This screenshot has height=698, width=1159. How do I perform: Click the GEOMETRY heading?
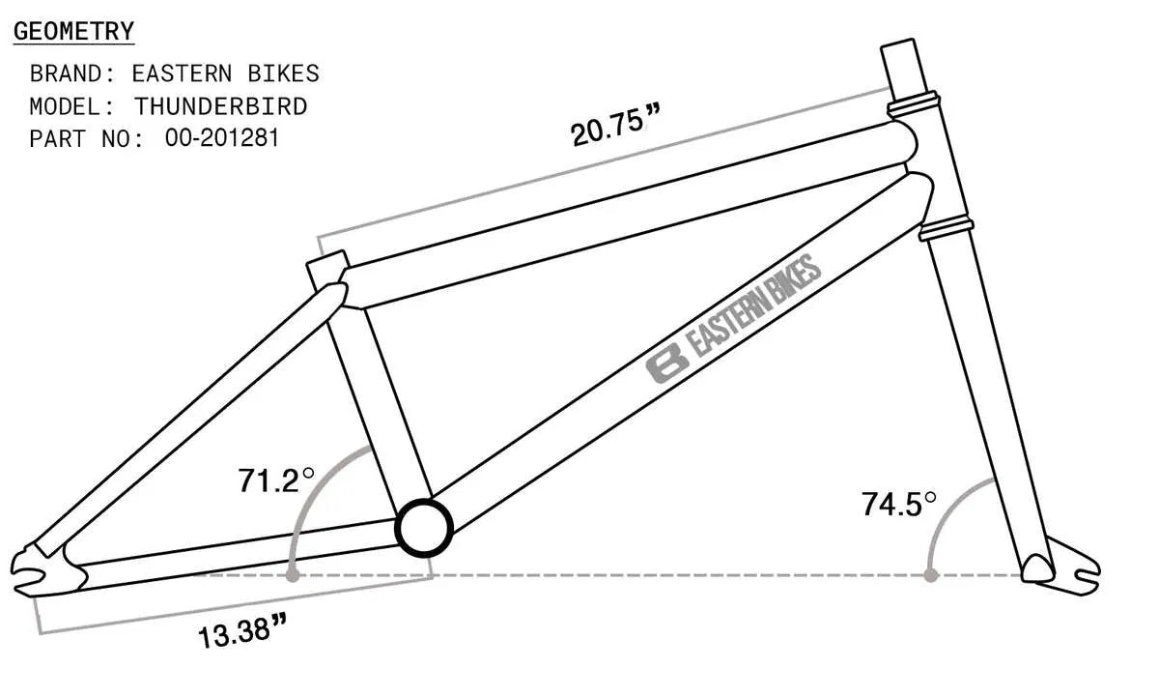73,31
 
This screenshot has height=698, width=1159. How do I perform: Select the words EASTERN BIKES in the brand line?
225,73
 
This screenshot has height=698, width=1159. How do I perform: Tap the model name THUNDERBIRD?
220,105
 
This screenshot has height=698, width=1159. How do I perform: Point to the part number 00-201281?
222,138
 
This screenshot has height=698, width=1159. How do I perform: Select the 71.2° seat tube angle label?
276,480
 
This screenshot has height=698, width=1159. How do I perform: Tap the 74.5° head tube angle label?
899,504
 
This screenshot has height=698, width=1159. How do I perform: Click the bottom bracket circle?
424,527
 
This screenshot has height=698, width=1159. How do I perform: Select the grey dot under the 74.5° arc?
930,575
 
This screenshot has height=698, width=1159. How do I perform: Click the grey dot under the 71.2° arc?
292,575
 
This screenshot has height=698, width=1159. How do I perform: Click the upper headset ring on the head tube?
914,101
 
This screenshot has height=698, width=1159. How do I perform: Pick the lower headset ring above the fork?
946,229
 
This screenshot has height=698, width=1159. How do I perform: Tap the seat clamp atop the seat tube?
328,268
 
